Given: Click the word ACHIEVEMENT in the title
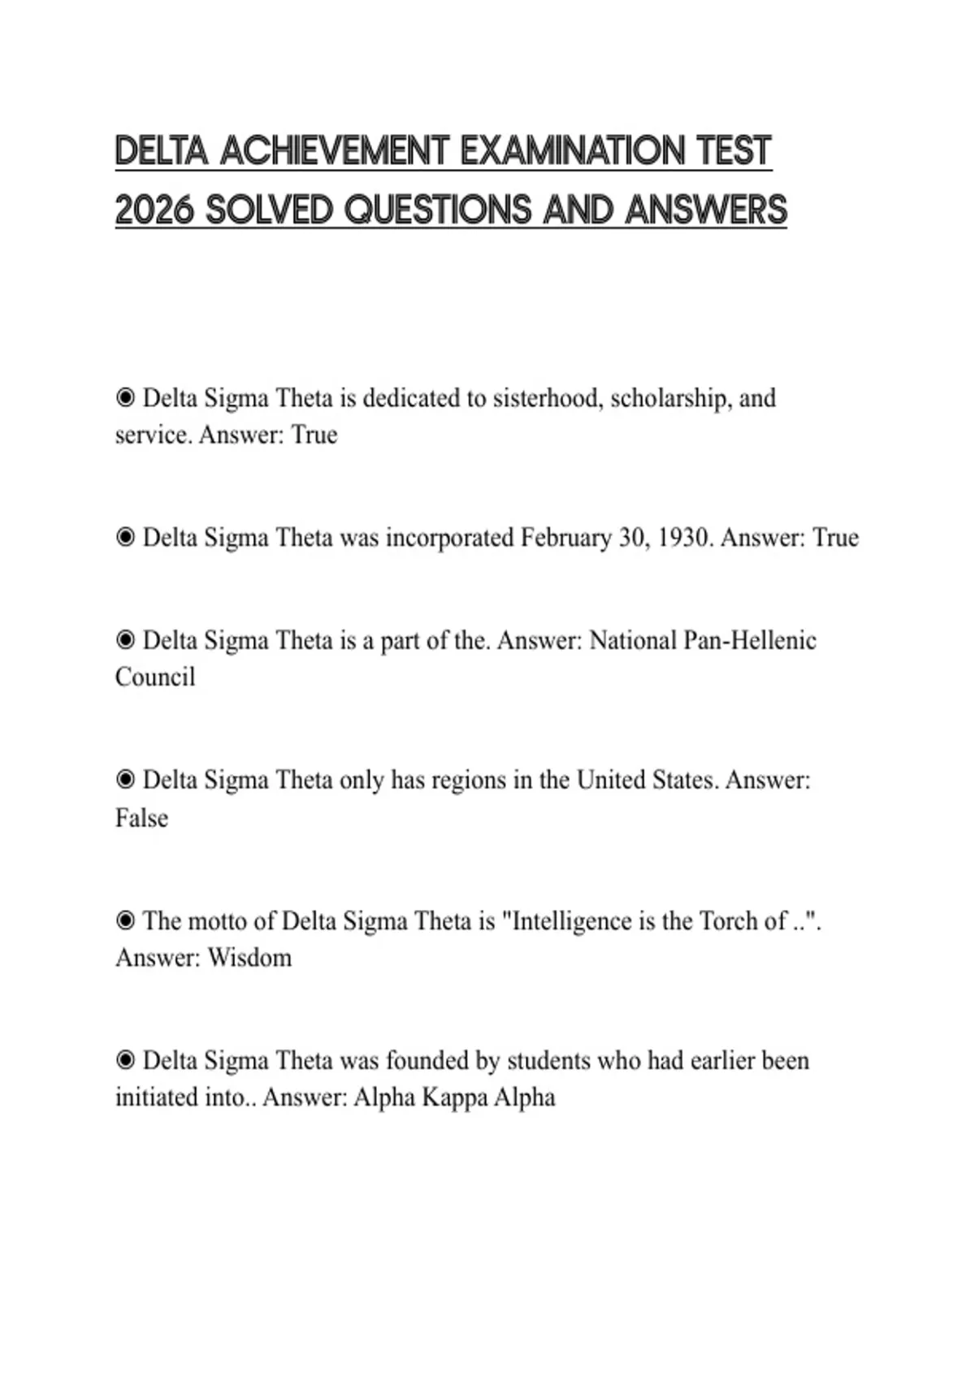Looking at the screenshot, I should coord(334,151).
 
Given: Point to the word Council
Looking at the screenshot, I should coord(155,678).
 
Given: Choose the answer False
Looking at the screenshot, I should coord(141,818).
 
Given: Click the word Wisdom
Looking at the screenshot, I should coord(249,958).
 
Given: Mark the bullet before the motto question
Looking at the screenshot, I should coord(125,920).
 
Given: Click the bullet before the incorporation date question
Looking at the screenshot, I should coord(125,537).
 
